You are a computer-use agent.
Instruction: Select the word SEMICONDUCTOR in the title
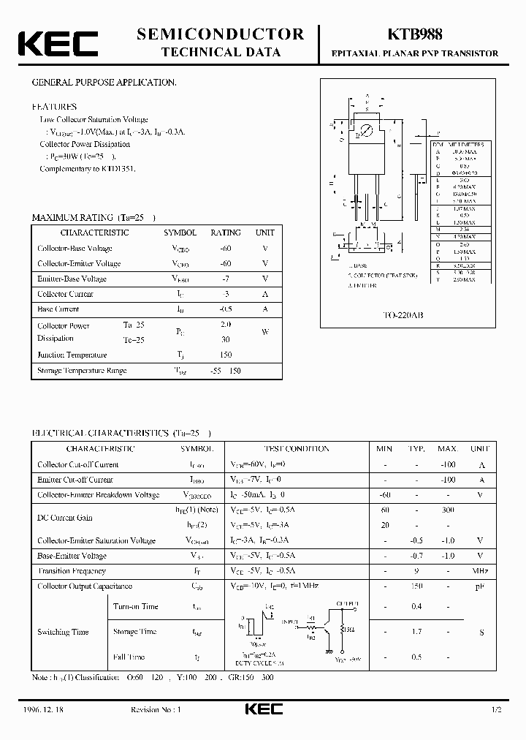pyautogui.click(x=221, y=34)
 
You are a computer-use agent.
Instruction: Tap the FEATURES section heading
pyautogui.click(x=55, y=106)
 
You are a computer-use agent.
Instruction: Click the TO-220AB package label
pyautogui.click(x=404, y=315)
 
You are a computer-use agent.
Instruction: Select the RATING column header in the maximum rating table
pyautogui.click(x=225, y=233)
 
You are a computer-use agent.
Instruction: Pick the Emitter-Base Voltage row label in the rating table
pyautogui.click(x=72, y=279)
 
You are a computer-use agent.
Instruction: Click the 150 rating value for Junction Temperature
pyautogui.click(x=225, y=355)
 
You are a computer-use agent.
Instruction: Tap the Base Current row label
pyautogui.click(x=58, y=309)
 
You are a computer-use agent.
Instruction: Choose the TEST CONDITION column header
pyautogui.click(x=296, y=448)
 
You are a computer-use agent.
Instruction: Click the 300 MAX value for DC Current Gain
pyautogui.click(x=447, y=510)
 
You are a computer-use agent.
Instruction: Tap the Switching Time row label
pyautogui.click(x=64, y=632)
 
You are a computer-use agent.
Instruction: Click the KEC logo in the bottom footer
pyautogui.click(x=262, y=710)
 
